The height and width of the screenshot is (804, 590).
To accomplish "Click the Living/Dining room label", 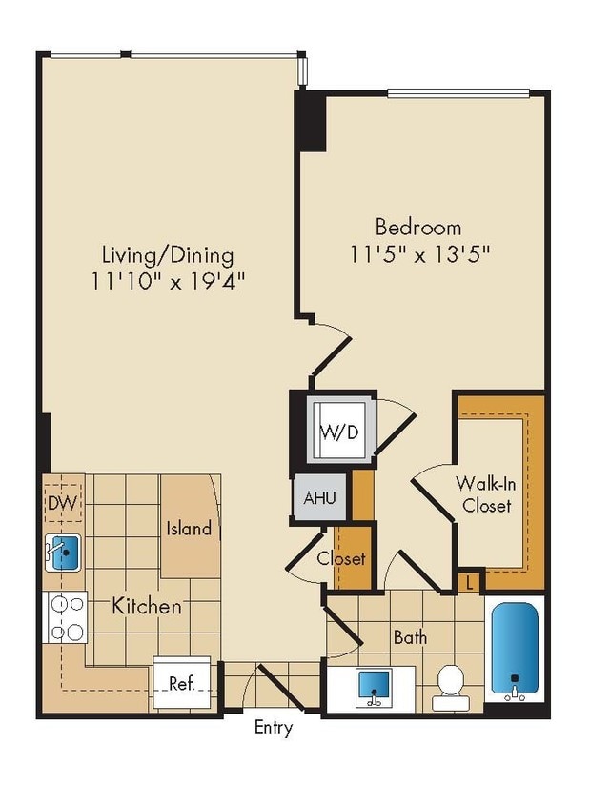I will (x=168, y=255).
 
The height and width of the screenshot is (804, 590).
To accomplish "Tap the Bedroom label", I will (x=417, y=228).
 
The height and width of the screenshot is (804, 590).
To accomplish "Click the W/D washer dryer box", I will (x=338, y=432).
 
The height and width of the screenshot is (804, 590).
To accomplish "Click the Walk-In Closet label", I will (x=487, y=493).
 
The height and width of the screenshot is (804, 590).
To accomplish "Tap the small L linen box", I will (x=470, y=580).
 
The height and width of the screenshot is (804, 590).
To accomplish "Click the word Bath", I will (x=410, y=637).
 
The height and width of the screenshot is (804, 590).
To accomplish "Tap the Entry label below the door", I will (x=273, y=729).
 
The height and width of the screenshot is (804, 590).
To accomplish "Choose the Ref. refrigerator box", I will (x=181, y=683).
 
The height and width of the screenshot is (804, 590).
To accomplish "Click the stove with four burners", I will (x=65, y=616).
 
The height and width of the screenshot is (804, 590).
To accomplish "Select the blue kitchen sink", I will (x=64, y=552).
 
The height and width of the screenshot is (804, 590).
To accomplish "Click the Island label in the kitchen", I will (x=189, y=528).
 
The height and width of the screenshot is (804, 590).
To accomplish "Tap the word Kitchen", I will (x=147, y=606).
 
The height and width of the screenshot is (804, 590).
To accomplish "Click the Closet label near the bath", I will (x=341, y=558).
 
